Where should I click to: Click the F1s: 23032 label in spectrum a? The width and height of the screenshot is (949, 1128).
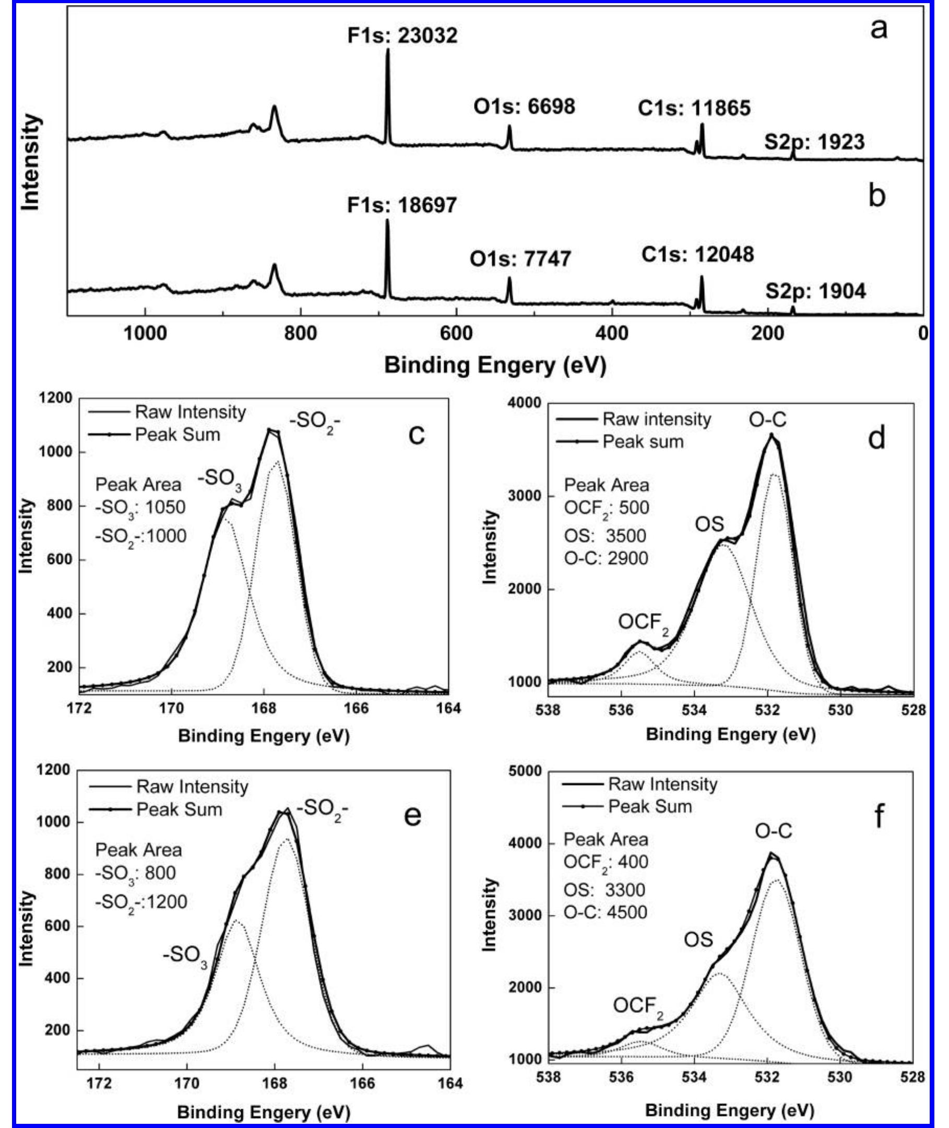402,36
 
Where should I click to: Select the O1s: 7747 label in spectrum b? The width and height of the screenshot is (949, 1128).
520,259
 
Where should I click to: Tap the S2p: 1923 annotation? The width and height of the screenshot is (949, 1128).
814,142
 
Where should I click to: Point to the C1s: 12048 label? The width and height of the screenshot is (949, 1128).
697,254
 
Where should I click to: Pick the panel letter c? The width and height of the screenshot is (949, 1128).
416,434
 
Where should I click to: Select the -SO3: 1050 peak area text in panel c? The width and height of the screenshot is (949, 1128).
140,508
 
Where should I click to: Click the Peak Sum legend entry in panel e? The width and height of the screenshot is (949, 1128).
179,809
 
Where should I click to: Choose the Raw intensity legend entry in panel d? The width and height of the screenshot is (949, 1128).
656,419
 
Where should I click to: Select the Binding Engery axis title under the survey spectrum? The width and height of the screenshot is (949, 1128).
495,366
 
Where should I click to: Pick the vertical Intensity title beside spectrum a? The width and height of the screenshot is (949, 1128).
31,162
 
